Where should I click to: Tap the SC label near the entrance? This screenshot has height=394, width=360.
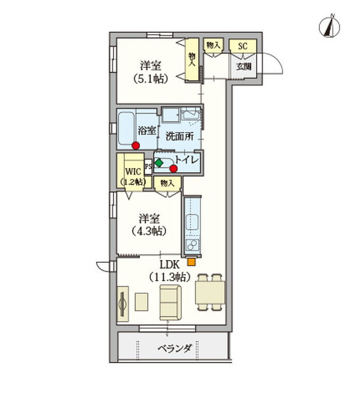pyautogui.click(x=242, y=46)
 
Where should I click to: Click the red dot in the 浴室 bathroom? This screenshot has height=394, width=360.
pyautogui.click(x=135, y=146)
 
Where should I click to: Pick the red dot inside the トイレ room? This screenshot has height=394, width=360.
pyautogui.click(x=173, y=167)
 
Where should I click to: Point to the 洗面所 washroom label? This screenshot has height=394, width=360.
pyautogui.click(x=179, y=137)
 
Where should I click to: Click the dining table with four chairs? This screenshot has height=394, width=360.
pyautogui.click(x=210, y=291)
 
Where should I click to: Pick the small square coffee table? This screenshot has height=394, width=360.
pyautogui.click(x=143, y=301)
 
